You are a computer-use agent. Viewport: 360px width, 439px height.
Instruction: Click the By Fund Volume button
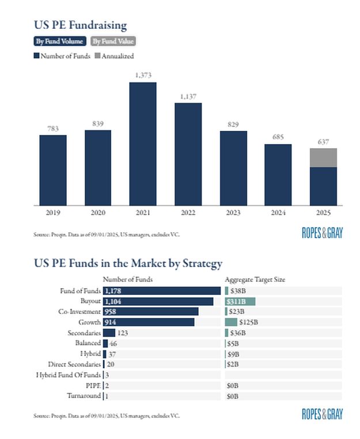(60, 41)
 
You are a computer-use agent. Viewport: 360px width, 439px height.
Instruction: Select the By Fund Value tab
(113, 41)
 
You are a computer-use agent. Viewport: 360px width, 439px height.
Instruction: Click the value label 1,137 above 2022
(188, 97)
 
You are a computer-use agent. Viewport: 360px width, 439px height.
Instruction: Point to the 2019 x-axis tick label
(53, 213)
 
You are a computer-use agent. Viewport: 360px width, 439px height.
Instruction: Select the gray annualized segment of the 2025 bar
(323, 157)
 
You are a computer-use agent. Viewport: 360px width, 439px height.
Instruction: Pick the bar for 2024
(278, 174)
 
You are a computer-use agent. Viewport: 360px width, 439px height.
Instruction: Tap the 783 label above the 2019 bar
(53, 129)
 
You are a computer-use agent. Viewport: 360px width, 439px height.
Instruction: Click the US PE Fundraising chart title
(80, 25)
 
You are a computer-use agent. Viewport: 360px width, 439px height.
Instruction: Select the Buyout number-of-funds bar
(158, 301)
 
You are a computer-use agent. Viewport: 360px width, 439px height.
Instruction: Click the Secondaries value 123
(122, 333)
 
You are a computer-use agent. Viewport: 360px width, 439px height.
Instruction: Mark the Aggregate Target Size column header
(255, 279)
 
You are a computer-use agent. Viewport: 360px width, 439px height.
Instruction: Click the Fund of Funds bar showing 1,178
(161, 291)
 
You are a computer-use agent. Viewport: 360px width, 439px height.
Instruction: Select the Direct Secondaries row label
(75, 364)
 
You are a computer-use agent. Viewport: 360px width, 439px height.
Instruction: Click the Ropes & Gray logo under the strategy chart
(322, 414)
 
